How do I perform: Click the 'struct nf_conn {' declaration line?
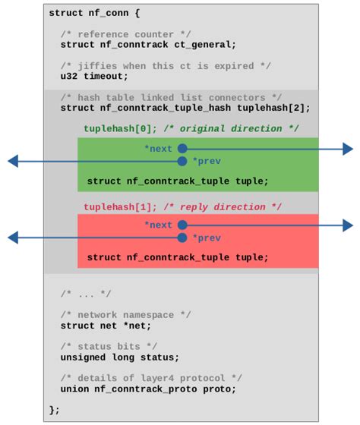[x=94, y=13]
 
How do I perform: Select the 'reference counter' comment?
[x=125, y=34]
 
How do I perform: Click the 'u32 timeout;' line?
[x=94, y=76]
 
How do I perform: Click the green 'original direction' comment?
[x=232, y=129]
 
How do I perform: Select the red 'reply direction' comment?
[x=223, y=206]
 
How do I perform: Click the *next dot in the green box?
[x=182, y=149]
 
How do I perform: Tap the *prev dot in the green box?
[x=182, y=161]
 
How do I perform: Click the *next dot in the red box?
[x=182, y=225]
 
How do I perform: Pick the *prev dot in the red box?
[x=182, y=238]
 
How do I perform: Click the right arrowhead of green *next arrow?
[x=348, y=149]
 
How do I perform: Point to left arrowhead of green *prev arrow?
[x=13, y=161]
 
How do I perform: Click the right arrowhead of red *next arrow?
[x=348, y=225]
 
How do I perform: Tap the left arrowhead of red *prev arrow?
[x=13, y=238]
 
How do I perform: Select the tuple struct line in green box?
[x=178, y=181]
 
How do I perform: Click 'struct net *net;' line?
[x=106, y=326]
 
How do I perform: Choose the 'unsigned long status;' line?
[x=120, y=357]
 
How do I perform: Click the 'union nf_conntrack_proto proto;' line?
[x=148, y=389]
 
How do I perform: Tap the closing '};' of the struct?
[x=54, y=410]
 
